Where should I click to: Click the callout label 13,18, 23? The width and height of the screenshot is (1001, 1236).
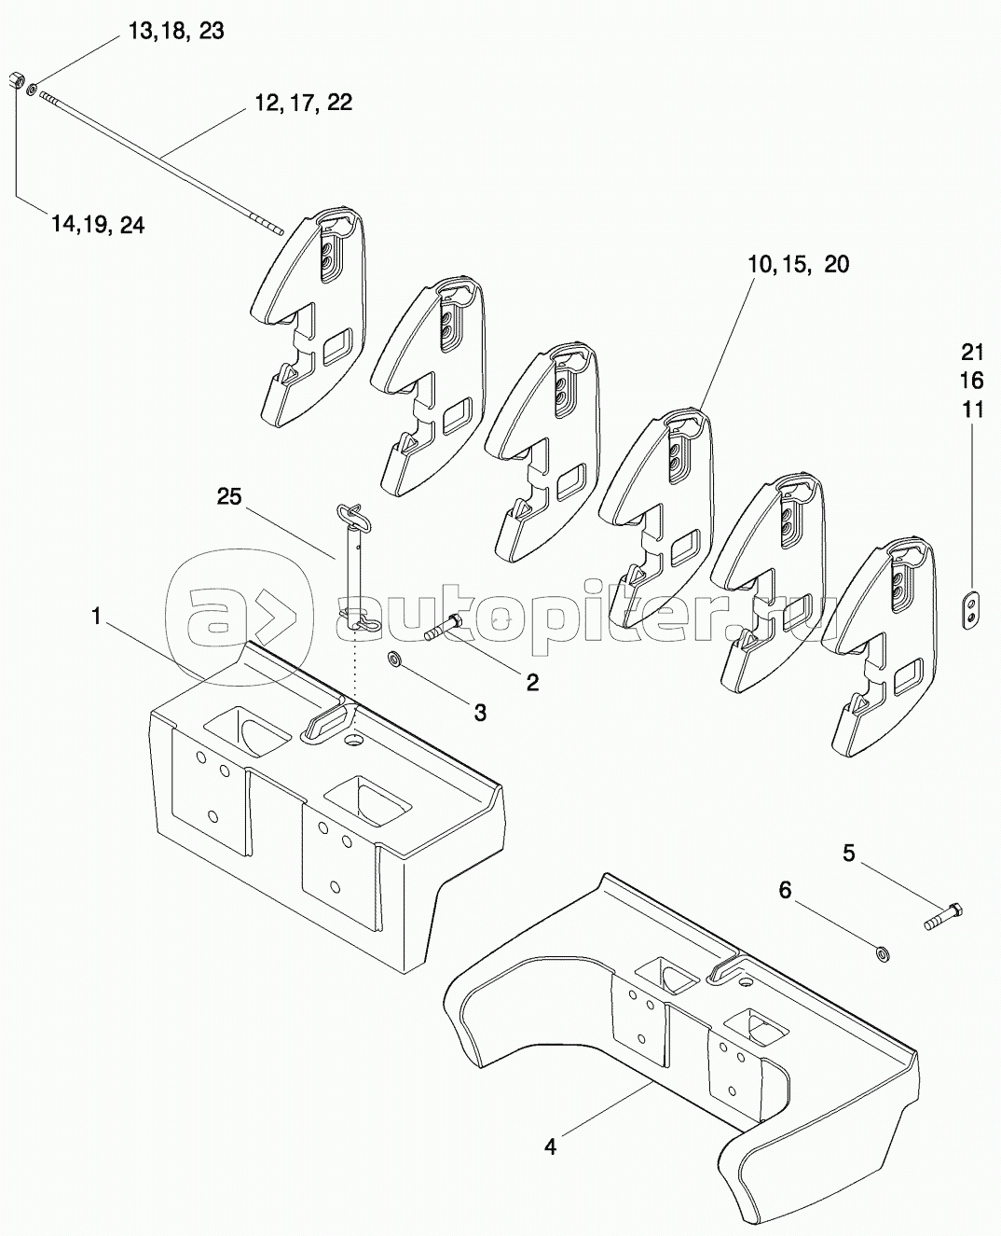click(x=175, y=32)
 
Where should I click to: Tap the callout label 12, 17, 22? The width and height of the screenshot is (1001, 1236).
click(x=304, y=103)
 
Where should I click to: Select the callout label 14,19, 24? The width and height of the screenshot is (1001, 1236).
click(x=98, y=225)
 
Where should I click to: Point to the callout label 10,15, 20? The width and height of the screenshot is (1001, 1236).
click(x=798, y=265)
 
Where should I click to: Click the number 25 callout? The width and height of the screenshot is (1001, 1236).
click(x=229, y=496)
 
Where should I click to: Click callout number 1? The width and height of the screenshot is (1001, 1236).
click(x=97, y=617)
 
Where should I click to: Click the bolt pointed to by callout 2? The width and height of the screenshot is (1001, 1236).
click(x=444, y=628)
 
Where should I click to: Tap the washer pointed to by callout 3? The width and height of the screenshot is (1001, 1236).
click(x=396, y=659)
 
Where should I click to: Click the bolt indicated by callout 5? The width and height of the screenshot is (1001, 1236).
click(x=943, y=917)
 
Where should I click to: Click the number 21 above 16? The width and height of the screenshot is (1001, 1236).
click(x=973, y=353)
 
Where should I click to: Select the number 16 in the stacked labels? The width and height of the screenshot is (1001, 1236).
click(x=973, y=381)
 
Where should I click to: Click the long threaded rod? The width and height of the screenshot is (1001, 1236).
click(x=161, y=162)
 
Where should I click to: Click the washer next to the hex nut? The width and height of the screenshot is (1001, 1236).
click(x=32, y=89)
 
